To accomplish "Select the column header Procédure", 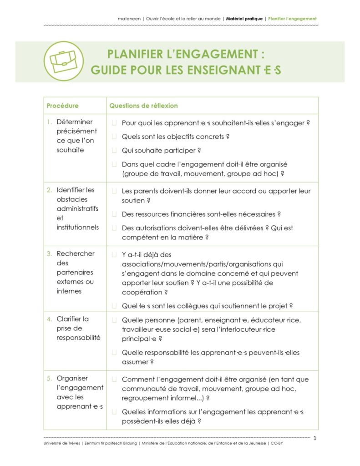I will tap(62, 106).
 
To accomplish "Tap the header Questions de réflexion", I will tap(143, 106).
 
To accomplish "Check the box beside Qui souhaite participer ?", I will tap(114, 151).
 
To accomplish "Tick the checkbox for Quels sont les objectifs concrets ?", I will tap(114, 137).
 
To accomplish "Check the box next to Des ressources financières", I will tap(114, 214).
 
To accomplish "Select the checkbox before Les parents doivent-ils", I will tap(114, 191).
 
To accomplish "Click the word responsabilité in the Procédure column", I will tap(78, 338).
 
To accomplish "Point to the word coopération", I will tap(142, 293).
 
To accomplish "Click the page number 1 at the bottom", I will tap(314, 437).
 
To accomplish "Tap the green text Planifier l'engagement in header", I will tap(292, 19).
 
